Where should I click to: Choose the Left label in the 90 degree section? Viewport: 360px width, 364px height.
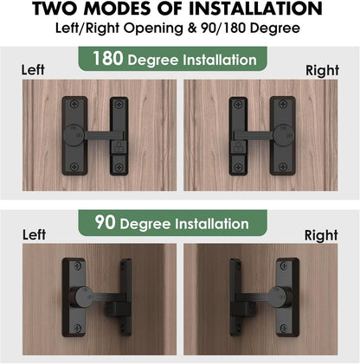pos(35,234)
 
